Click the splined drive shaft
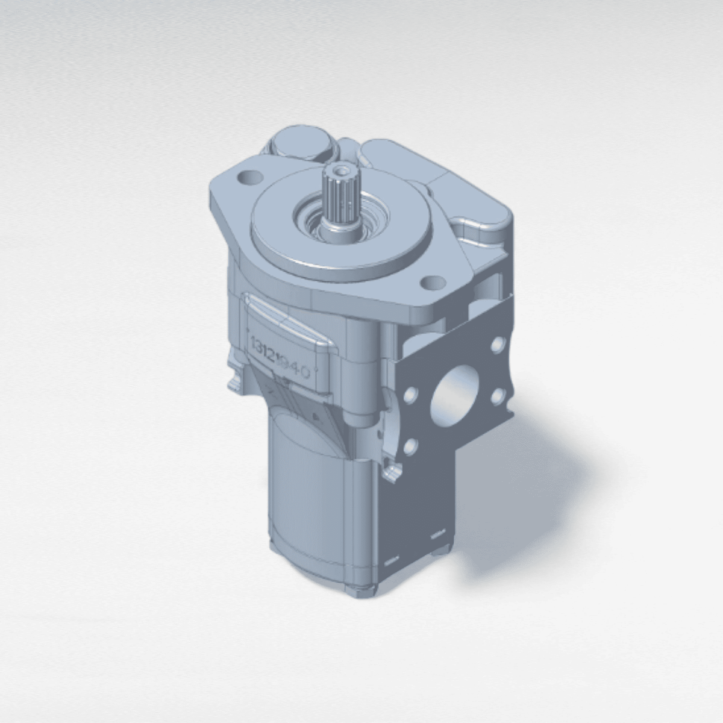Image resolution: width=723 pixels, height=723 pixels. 340,199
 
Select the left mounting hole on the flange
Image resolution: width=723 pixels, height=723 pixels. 246,178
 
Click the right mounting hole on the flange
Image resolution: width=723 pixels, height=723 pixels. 432,283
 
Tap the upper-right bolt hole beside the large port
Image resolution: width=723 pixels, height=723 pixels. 498,345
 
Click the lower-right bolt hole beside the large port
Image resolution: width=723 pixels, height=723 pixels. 498,396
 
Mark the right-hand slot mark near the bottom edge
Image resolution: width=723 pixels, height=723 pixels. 436,533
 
